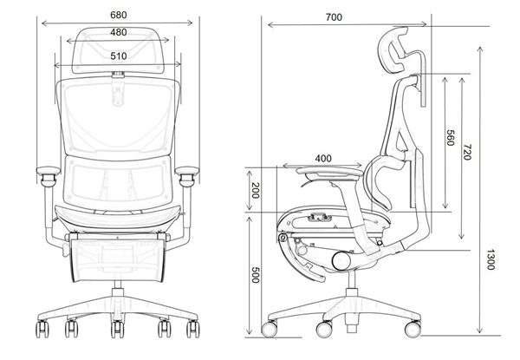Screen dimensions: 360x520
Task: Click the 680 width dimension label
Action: point(118,15)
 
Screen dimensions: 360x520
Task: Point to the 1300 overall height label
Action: point(491,259)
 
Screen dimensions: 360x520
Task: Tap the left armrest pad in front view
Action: point(47,173)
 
